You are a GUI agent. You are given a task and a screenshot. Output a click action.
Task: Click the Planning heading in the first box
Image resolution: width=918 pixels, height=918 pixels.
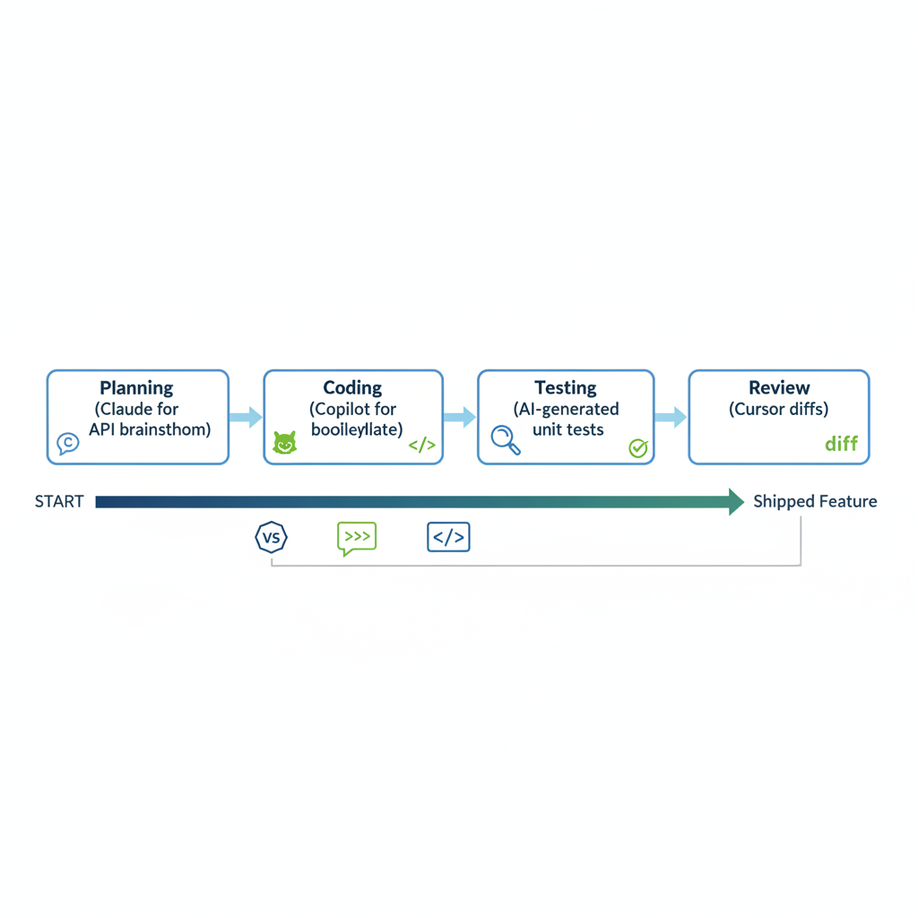[136, 388]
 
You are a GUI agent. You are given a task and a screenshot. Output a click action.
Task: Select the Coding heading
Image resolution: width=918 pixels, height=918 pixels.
[352, 388]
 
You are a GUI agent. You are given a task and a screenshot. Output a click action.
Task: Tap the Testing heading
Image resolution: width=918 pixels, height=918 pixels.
[566, 388]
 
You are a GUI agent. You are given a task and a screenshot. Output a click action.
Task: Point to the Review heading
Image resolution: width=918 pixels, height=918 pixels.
[779, 388]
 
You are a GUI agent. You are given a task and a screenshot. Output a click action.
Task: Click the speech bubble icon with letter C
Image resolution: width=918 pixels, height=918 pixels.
[68, 443]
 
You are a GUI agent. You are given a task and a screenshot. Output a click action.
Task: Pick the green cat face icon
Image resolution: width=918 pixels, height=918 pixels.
[284, 443]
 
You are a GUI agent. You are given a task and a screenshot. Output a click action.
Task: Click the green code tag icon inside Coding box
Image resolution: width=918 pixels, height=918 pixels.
[421, 446]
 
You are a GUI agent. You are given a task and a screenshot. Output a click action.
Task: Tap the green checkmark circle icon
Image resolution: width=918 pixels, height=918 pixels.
[638, 447]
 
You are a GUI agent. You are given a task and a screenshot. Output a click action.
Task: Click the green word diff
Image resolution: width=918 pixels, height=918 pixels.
[841, 444]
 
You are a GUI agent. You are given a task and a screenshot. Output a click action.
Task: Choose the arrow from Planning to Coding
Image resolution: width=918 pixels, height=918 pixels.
[246, 417]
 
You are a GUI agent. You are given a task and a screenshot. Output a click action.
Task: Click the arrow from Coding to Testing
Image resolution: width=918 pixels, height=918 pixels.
[460, 417]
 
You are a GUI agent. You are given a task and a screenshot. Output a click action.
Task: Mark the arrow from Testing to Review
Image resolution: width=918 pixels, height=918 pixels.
[671, 417]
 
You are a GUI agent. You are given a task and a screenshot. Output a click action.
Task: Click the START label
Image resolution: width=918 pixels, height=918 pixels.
[59, 502]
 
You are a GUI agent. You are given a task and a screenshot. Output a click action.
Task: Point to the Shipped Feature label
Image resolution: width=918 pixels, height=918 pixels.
[815, 502]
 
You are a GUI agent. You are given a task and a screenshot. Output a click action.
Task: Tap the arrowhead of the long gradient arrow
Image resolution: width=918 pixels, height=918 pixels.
[736, 502]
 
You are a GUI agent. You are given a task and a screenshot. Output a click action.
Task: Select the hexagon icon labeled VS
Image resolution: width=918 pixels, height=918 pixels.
[271, 538]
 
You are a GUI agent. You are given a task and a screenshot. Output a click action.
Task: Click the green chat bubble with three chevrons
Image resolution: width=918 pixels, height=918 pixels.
[357, 538]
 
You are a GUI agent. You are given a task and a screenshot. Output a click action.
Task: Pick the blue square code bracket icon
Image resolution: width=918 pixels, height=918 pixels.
[448, 538]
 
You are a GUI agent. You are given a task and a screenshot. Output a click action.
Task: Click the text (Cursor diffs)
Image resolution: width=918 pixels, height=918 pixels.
[779, 410]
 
